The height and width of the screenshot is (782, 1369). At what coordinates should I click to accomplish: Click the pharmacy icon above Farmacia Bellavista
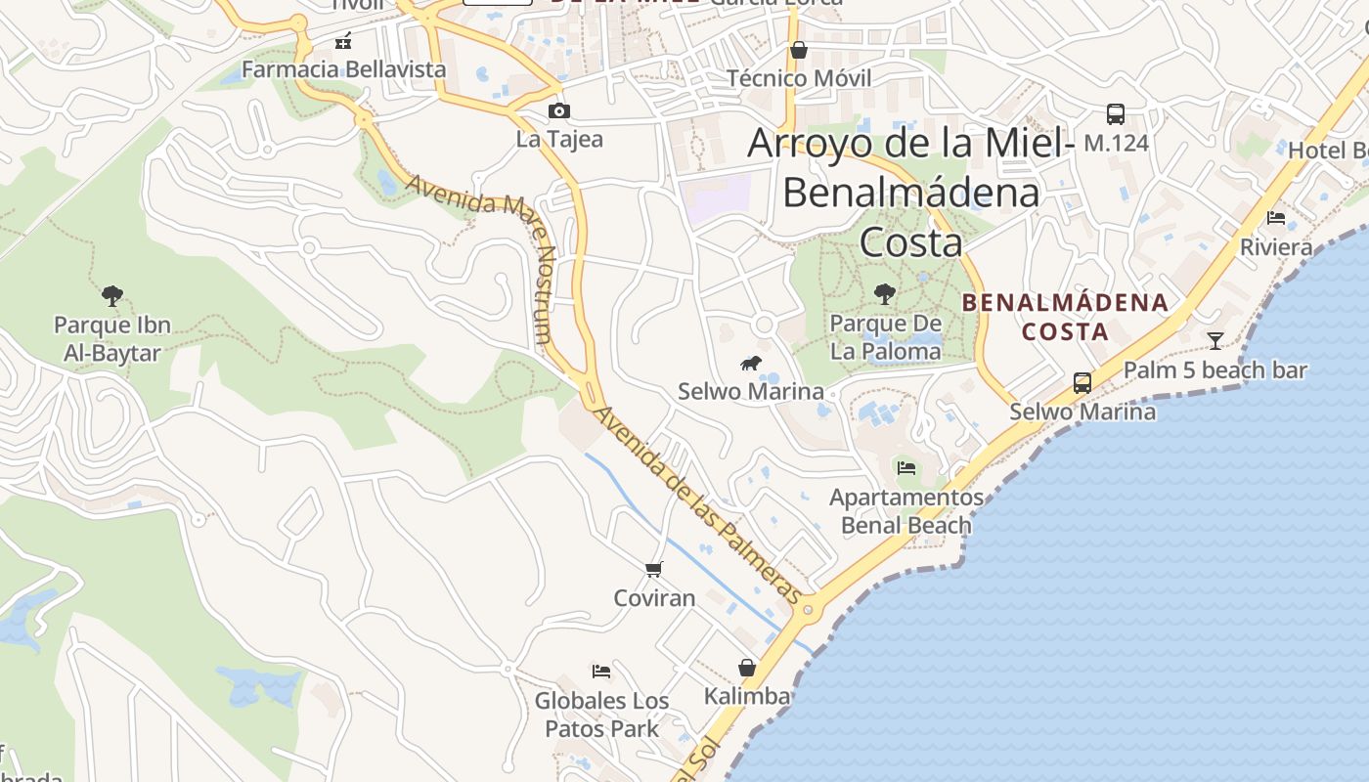(343, 41)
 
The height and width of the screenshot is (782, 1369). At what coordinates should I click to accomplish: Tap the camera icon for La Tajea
(559, 110)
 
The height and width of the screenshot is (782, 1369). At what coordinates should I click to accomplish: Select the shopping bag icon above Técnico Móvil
(799, 50)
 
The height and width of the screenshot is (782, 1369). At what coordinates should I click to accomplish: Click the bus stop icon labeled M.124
(1116, 113)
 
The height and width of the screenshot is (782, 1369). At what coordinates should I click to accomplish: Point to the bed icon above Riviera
(1276, 218)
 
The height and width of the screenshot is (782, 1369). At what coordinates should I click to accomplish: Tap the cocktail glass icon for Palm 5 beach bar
(1214, 341)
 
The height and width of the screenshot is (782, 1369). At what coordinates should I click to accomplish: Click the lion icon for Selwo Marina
(751, 365)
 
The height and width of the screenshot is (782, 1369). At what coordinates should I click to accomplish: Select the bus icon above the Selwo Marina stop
(1082, 383)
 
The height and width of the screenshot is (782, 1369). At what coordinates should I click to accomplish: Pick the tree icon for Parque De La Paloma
(885, 293)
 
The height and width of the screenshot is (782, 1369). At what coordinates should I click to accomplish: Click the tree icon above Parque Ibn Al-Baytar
(112, 295)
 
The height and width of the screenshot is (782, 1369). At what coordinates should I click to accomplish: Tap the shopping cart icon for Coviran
(654, 569)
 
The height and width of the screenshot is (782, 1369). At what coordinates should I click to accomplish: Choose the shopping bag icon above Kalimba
(747, 668)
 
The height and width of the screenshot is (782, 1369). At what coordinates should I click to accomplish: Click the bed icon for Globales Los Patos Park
(601, 672)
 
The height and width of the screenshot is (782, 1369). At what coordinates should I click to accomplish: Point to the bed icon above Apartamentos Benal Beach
(906, 468)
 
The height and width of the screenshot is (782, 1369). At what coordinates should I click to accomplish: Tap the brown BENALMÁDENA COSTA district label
(1065, 317)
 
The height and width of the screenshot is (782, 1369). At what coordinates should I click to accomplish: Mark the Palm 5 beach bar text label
(1214, 370)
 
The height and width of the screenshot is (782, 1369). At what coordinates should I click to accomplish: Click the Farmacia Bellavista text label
(343, 69)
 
